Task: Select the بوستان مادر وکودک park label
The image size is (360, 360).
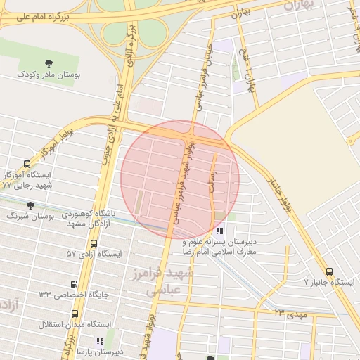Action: [x=49, y=74]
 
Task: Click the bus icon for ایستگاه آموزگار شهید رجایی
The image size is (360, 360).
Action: [x=27, y=164]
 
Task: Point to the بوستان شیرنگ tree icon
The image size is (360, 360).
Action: [x=30, y=205]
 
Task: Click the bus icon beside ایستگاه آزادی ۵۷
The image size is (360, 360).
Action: [x=94, y=243]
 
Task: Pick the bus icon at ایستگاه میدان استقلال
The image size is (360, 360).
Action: [x=75, y=314]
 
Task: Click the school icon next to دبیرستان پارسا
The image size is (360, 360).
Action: [x=100, y=341]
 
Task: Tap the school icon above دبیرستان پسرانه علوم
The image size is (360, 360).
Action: [x=220, y=231]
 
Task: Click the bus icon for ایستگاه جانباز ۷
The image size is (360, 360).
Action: [x=329, y=271]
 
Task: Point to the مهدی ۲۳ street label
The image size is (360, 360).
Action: [x=291, y=313]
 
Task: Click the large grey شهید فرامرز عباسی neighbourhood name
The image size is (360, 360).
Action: [x=176, y=279]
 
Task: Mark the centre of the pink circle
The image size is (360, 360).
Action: [x=180, y=179]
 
